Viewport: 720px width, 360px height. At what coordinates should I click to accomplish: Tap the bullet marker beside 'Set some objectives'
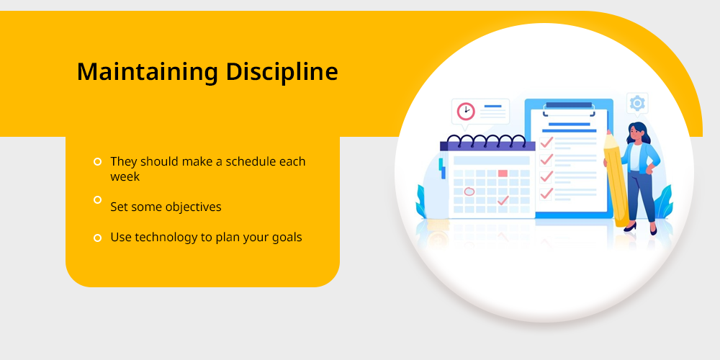(x=97, y=199)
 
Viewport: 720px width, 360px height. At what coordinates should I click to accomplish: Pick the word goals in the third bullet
(x=287, y=238)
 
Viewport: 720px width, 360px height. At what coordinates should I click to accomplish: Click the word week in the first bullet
(x=125, y=177)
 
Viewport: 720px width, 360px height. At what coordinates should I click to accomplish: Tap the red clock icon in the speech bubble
(x=466, y=111)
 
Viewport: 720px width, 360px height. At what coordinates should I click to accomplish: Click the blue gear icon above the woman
(x=637, y=103)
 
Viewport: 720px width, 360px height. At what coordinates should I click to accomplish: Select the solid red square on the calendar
(x=503, y=174)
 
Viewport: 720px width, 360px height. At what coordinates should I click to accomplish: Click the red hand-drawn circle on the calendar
(x=469, y=192)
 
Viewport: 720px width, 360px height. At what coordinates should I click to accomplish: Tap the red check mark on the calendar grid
(x=503, y=200)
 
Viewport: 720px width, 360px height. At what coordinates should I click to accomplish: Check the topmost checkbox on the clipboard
(x=546, y=143)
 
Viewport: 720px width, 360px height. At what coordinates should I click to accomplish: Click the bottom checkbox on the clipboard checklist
(x=546, y=194)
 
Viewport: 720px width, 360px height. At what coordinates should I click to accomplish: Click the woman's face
(x=636, y=135)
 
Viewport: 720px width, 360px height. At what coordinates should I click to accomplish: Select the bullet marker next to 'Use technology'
(x=97, y=238)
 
